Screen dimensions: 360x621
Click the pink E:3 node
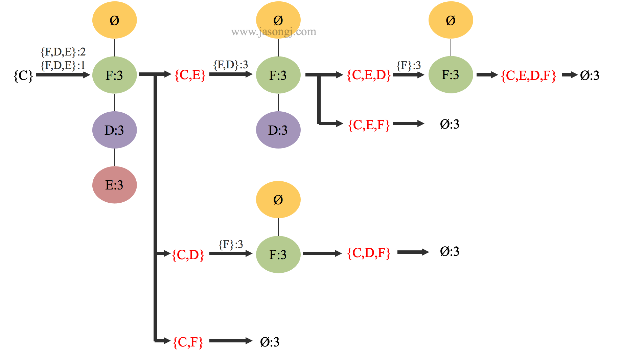coord(114,185)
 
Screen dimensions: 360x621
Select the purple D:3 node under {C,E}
coord(278,130)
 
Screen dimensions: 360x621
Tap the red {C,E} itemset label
coord(190,75)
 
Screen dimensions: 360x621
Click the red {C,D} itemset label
coord(188,255)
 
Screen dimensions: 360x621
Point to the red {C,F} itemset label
coord(188,342)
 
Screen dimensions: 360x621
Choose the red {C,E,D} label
coord(369,75)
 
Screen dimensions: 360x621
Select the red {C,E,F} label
coord(369,125)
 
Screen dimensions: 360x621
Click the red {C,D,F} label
coord(369,253)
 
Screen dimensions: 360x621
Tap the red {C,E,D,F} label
coord(528,75)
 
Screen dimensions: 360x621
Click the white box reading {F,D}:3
coord(231,64)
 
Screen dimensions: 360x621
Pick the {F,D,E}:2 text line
coord(63,51)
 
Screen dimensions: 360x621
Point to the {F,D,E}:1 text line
coord(63,65)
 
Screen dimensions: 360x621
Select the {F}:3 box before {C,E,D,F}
coord(409,65)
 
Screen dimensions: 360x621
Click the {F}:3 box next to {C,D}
coord(231,244)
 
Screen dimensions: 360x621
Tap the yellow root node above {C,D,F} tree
coord(278,200)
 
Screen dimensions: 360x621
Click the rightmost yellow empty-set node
coord(451,20)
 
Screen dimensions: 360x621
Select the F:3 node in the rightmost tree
coord(451,75)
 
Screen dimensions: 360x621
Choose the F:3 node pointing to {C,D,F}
coord(278,254)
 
